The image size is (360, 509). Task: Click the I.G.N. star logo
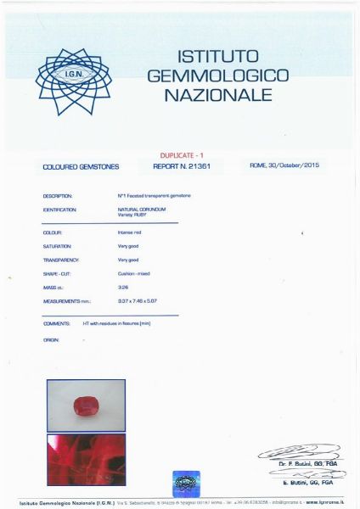point(73,81)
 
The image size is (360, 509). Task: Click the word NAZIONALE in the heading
point(217,96)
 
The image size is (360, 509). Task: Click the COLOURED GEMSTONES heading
point(81,168)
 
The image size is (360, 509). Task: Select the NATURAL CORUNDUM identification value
point(141,208)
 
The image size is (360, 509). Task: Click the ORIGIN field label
point(51,339)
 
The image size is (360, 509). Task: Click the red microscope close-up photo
point(86,459)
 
